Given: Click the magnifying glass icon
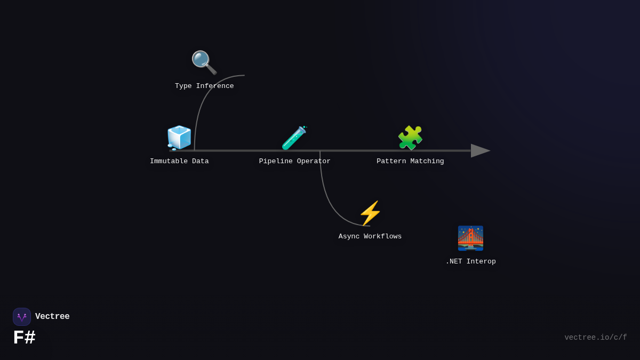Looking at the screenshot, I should click(204, 62).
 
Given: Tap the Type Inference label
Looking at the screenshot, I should click(204, 86).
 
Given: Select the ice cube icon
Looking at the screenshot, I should click(179, 138).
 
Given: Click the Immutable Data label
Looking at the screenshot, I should click(179, 162).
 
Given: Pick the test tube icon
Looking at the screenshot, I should click(294, 138).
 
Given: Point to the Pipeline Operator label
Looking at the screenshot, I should click(295, 162).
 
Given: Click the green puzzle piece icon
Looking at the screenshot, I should click(410, 138).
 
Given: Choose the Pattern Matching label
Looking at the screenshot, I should click(410, 162).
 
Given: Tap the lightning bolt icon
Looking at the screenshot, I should click(370, 213).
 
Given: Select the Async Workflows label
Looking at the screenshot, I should click(370, 237).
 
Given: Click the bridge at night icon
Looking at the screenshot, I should click(470, 238).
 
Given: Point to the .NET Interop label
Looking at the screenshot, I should click(470, 262).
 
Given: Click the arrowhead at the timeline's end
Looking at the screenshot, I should click(479, 151).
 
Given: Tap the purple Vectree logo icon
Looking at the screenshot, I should click(22, 317).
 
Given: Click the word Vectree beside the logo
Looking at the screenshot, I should click(52, 317).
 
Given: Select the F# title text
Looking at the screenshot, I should click(24, 338).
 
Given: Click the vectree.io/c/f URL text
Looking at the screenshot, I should click(595, 338).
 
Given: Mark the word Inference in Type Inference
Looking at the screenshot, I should click(215, 86).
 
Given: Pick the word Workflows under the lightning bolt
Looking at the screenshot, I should click(383, 237).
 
